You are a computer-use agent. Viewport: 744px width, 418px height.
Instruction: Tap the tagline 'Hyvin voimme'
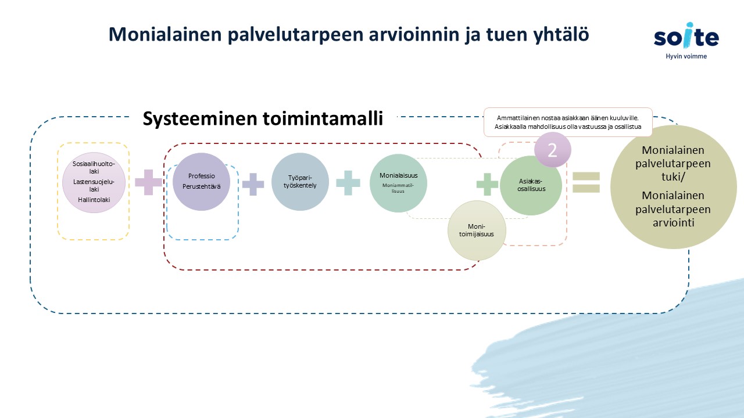click(x=686, y=56)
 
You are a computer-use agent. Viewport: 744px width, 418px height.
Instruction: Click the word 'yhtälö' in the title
click(x=561, y=34)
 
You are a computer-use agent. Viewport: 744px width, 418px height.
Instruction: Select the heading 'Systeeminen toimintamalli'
click(x=263, y=118)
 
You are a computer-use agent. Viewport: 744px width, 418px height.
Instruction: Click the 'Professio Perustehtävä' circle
click(x=201, y=182)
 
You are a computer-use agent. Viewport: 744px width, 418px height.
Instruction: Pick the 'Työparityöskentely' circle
click(x=300, y=182)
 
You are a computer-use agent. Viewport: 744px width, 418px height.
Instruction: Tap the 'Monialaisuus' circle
click(x=398, y=183)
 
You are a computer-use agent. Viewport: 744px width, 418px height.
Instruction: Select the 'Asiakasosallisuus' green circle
click(x=531, y=185)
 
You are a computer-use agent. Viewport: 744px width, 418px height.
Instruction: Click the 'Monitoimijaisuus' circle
click(x=477, y=230)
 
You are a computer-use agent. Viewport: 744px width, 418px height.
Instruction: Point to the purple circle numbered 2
click(x=552, y=150)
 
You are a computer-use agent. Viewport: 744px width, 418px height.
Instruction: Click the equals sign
click(x=586, y=182)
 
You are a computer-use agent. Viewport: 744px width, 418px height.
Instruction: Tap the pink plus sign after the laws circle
click(x=148, y=182)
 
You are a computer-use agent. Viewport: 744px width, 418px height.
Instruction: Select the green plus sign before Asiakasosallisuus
click(x=487, y=184)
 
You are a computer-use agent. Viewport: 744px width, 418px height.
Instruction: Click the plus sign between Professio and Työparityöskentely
click(x=253, y=184)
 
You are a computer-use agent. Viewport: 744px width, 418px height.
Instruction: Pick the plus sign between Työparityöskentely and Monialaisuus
click(x=348, y=183)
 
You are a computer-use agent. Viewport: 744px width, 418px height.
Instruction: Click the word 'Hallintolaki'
click(x=94, y=200)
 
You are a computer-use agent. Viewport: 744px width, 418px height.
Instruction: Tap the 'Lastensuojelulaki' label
click(x=94, y=185)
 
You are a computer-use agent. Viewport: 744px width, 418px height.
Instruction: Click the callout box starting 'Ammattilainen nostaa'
click(x=568, y=122)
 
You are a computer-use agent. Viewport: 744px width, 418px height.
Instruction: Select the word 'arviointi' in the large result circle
click(x=673, y=222)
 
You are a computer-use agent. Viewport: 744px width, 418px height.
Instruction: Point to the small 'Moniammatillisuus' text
click(x=398, y=188)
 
